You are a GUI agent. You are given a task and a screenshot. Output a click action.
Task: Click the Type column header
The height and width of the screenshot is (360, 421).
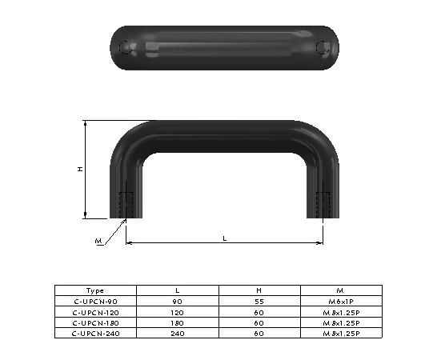(94, 290)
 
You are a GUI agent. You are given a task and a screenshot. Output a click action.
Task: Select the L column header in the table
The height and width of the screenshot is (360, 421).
(177, 290)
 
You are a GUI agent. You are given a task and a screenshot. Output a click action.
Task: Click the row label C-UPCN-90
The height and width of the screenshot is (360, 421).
(94, 301)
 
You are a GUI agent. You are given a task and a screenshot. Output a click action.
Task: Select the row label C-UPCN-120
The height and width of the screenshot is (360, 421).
(94, 312)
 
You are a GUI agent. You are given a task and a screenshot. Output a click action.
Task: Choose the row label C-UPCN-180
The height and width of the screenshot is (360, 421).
(94, 322)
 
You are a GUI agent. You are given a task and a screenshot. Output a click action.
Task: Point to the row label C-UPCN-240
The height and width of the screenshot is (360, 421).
(94, 333)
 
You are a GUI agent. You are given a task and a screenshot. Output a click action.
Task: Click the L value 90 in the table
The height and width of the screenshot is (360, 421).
(177, 301)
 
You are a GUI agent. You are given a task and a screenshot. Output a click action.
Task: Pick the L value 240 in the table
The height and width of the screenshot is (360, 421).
(177, 333)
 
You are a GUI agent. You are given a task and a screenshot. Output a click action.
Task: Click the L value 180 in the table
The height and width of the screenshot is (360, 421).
(177, 322)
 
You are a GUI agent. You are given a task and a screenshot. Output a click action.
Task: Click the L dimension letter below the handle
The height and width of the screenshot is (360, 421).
(224, 238)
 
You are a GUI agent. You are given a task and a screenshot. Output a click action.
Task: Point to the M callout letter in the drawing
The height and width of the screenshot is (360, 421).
(98, 241)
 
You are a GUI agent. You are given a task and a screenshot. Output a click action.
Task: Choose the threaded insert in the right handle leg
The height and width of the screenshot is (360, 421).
(323, 204)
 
